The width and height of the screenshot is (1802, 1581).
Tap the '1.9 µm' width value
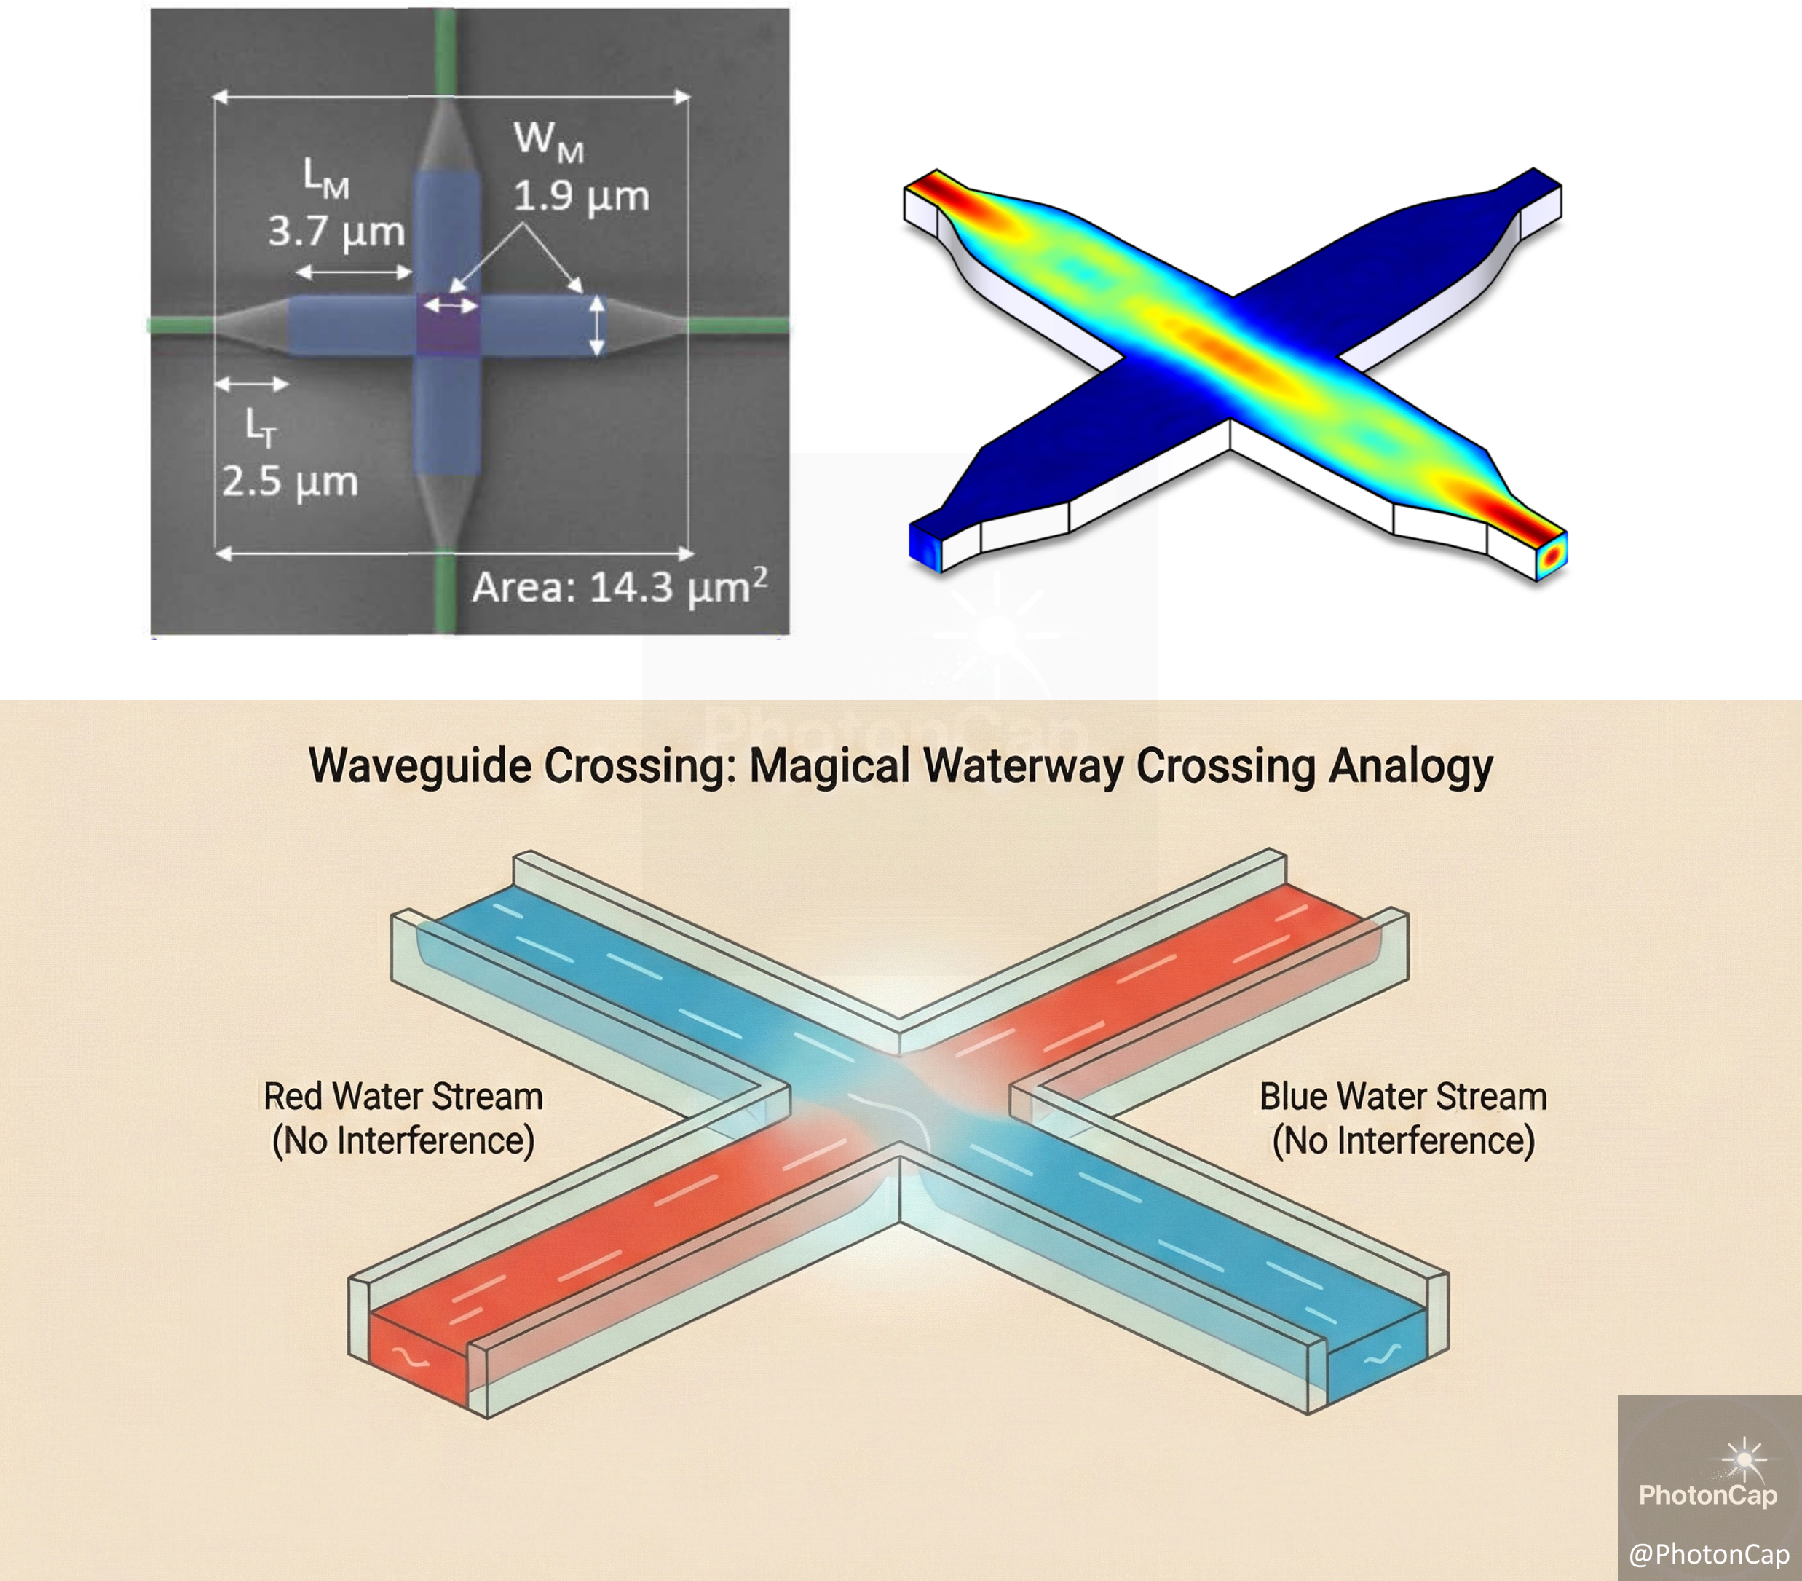581,197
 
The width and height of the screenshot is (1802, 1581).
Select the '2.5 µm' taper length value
289,482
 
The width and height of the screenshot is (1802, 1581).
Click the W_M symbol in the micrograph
548,141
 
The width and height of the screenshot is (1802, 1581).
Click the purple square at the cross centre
448,323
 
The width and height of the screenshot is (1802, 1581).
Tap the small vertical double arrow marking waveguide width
597,326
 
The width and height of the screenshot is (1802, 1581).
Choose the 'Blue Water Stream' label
1402,1097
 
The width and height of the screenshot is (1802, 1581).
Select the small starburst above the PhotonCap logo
1744,1459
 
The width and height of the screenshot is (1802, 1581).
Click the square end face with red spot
1552,553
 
